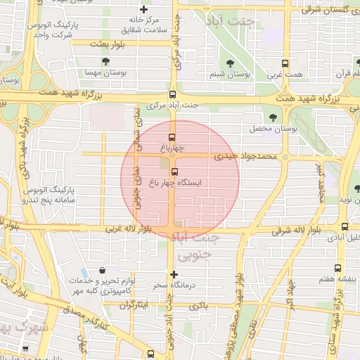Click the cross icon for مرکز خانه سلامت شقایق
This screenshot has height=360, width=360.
(144, 10)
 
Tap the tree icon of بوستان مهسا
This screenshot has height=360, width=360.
(105, 62)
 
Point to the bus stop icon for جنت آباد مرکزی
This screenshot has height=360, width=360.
(173, 94)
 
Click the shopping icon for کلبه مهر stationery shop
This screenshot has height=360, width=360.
(103, 270)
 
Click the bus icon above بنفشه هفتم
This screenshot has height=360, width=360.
(338, 268)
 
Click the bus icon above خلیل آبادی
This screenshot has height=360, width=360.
(345, 226)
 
